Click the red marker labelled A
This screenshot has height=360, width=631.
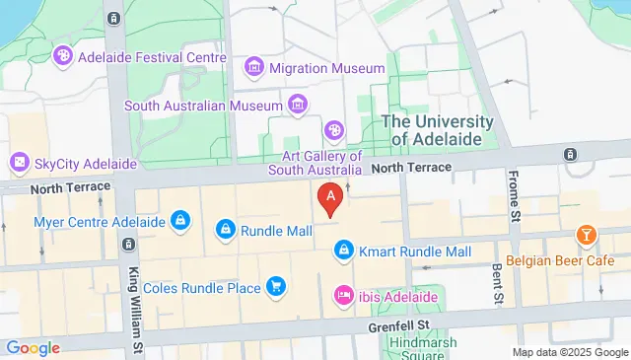point(331,198)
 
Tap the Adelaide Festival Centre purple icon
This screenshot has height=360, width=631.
point(64,55)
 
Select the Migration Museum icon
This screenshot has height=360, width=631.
point(254,68)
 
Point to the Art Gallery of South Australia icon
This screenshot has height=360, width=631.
point(335,130)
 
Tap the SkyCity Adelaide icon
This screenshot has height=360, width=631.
point(19,162)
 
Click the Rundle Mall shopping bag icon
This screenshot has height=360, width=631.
point(226,231)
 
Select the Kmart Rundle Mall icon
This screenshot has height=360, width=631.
point(342,252)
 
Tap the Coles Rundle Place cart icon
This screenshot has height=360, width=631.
point(276,287)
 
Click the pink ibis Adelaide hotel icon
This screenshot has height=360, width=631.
point(343,294)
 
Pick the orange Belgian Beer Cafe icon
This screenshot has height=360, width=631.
point(587,236)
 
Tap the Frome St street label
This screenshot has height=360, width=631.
point(514,193)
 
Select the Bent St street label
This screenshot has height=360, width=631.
point(497,283)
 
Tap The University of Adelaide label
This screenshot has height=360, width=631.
point(437,130)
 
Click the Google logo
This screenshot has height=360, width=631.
point(32,347)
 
